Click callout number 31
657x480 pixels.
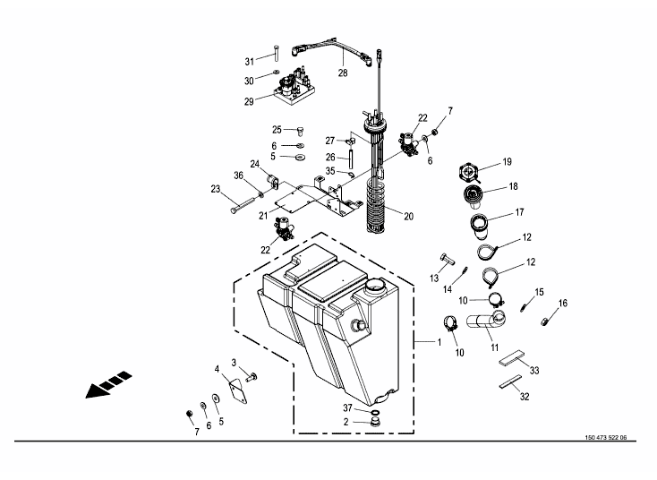[x=250, y=61]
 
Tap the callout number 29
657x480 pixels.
[x=250, y=102]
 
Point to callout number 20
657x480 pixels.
[x=408, y=215]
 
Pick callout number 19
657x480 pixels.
[x=507, y=162]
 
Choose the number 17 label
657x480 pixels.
[x=518, y=212]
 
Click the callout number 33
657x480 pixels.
[x=533, y=370]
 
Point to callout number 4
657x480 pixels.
[x=217, y=368]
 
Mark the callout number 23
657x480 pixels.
[x=216, y=188]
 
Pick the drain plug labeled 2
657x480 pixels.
[x=374, y=420]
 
